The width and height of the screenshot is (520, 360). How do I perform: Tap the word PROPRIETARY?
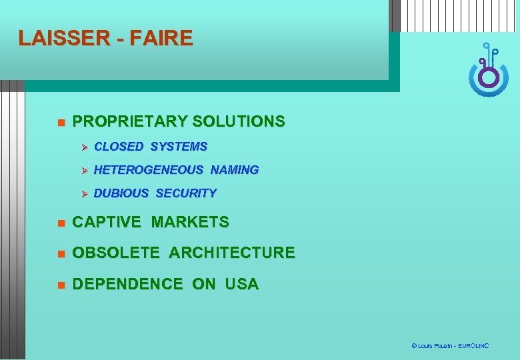tap(129, 121)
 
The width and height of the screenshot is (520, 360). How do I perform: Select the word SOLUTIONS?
tap(238, 121)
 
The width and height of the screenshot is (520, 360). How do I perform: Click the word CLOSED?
tap(119, 146)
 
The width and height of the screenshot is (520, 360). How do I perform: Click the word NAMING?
tap(235, 170)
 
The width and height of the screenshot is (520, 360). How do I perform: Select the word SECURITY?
tap(186, 193)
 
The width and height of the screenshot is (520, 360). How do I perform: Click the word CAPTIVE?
tap(107, 222)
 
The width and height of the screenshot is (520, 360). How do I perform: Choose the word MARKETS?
tap(190, 222)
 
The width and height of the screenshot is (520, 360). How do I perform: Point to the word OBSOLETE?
tap(116, 253)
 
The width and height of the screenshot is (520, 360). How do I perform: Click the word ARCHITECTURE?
tap(231, 253)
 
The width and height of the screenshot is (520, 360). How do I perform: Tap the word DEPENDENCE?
tap(127, 284)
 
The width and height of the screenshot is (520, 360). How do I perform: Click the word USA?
tap(242, 284)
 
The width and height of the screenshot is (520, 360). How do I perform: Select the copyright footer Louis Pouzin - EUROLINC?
tap(450, 346)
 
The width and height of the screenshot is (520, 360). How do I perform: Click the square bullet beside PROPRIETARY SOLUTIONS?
tap(60, 123)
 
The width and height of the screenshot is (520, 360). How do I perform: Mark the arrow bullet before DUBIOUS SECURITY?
tap(85, 194)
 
